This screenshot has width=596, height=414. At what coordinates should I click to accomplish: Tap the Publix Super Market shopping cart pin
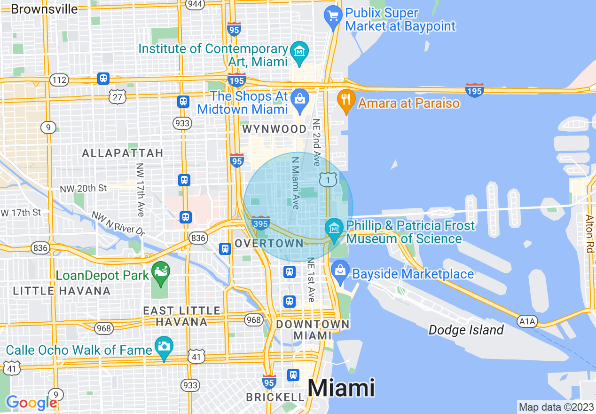pyautogui.click(x=333, y=17)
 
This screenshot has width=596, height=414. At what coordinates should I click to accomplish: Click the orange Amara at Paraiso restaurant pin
pyautogui.click(x=346, y=100)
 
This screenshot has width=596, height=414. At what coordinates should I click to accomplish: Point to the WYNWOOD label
pyautogui.click(x=274, y=129)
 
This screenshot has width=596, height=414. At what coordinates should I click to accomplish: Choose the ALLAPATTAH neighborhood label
pyautogui.click(x=122, y=153)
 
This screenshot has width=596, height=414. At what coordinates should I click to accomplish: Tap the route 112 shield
pyautogui.click(x=60, y=80)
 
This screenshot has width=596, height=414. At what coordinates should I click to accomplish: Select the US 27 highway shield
pyautogui.click(x=117, y=96)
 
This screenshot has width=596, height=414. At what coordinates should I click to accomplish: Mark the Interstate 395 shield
pyautogui.click(x=260, y=223)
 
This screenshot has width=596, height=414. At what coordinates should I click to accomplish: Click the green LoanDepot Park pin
pyautogui.click(x=161, y=273)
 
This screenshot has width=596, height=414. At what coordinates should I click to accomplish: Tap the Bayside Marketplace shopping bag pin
pyautogui.click(x=339, y=271)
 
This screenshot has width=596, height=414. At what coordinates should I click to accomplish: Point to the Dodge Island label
pyautogui.click(x=466, y=330)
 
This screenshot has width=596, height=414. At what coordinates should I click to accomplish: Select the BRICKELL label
pyautogui.click(x=275, y=398)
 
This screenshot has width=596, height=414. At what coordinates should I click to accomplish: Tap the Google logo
pyautogui.click(x=31, y=403)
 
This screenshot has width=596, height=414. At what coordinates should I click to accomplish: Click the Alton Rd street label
pyautogui.click(x=589, y=234)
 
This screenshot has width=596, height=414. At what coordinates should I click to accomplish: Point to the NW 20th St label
pyautogui.click(x=83, y=188)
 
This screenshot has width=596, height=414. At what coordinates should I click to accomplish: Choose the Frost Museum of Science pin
pyautogui.click(x=334, y=229)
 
